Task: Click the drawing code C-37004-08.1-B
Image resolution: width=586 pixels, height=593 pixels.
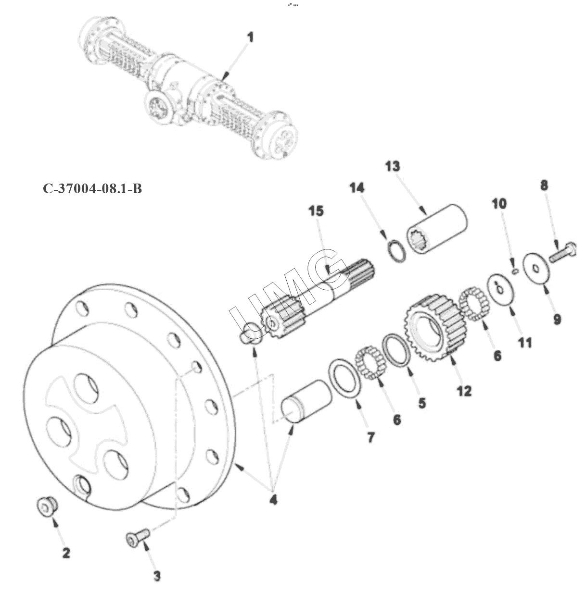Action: [x=92, y=188]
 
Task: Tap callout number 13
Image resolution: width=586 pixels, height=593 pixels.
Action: [x=393, y=166]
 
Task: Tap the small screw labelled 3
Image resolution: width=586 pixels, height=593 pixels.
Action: [x=138, y=538]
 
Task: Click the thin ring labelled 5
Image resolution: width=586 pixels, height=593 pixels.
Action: [x=396, y=350]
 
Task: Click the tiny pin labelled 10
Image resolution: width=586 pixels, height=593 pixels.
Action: [x=515, y=271]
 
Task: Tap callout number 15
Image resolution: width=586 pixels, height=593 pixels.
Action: [x=317, y=211]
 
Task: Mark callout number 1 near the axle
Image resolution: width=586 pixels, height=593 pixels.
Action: [x=251, y=37]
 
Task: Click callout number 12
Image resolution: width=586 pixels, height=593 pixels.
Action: [x=464, y=391]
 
